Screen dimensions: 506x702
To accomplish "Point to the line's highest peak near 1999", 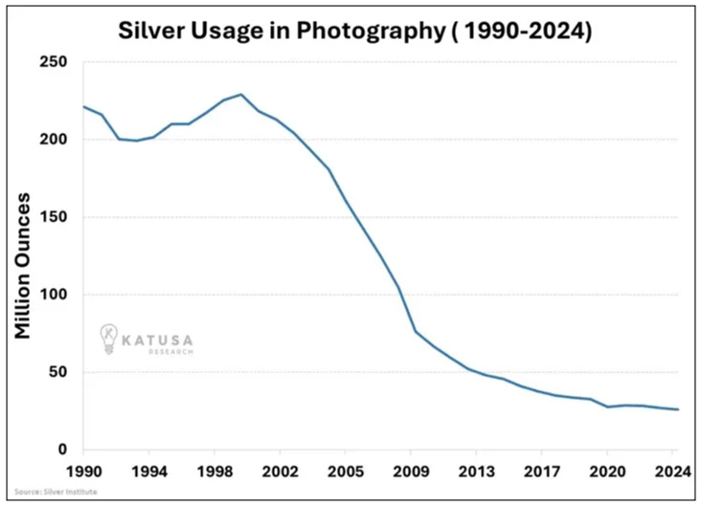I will coord(241,95).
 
